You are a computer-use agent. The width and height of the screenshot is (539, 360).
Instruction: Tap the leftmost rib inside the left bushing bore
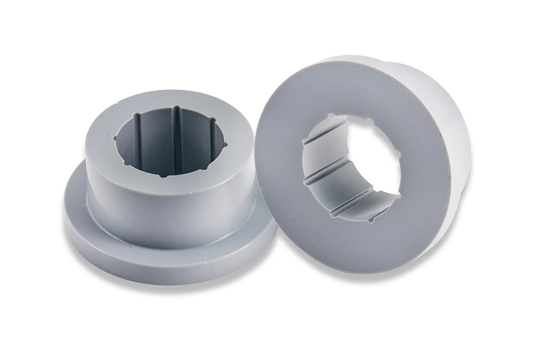click(x=138, y=137)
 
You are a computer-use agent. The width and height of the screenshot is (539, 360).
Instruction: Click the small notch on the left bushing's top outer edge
click(x=192, y=193)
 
